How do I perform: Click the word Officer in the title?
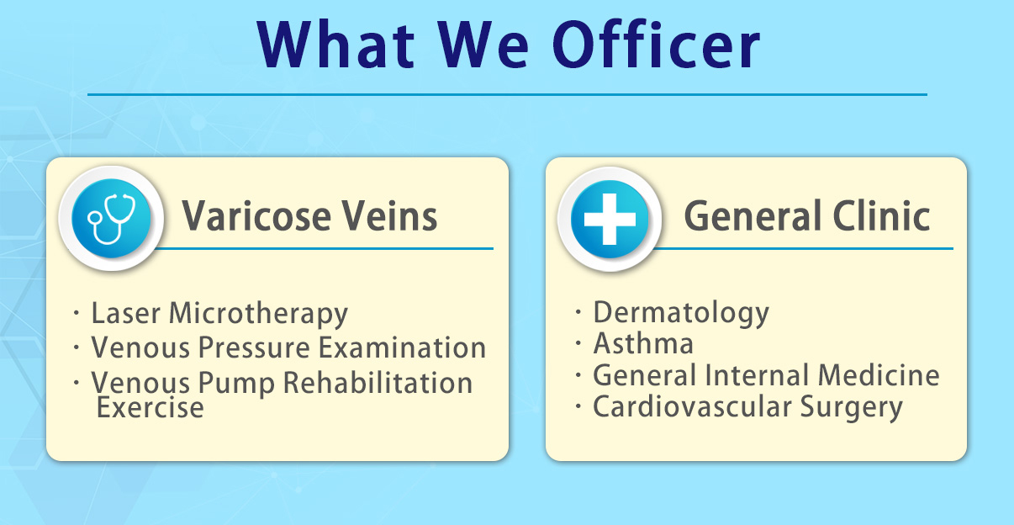pyautogui.click(x=656, y=45)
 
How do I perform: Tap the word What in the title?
pyautogui.click(x=335, y=45)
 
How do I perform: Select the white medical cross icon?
pyautogui.click(x=610, y=219)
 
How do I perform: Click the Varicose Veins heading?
pyautogui.click(x=309, y=215)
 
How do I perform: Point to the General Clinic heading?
pyautogui.click(x=806, y=215)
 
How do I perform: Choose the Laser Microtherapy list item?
pyautogui.click(x=219, y=313)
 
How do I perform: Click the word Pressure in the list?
pyautogui.click(x=254, y=347)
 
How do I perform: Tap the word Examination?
pyautogui.click(x=403, y=347)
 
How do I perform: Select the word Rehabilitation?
pyautogui.click(x=378, y=383)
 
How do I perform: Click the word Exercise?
pyautogui.click(x=150, y=407)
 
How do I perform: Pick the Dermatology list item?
pyautogui.click(x=681, y=312)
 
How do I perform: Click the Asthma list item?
pyautogui.click(x=643, y=343)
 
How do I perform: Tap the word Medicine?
pyautogui.click(x=879, y=375)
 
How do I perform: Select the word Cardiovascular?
pyautogui.click(x=692, y=406)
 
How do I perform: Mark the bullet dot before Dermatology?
pyautogui.click(x=578, y=311)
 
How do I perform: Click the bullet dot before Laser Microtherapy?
pyautogui.click(x=76, y=312)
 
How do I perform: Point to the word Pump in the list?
pyautogui.click(x=236, y=384)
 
